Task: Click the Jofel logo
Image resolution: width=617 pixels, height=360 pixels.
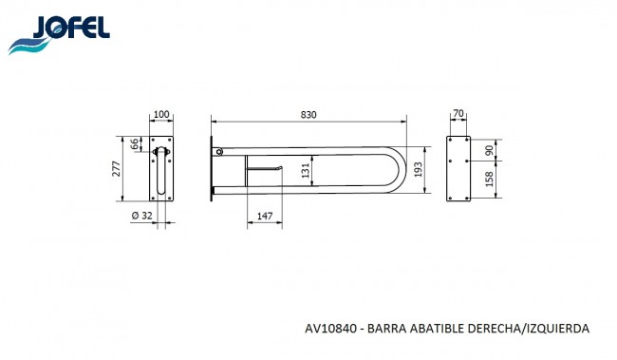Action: (59, 34)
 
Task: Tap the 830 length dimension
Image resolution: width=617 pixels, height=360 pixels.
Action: (308, 115)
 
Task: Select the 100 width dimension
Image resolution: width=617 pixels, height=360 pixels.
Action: (161, 114)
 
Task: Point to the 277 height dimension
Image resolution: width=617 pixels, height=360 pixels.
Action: (117, 168)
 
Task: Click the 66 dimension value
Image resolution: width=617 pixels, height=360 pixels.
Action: (135, 143)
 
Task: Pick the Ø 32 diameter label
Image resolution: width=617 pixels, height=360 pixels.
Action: (142, 216)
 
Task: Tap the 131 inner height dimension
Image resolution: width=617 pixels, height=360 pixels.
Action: (306, 171)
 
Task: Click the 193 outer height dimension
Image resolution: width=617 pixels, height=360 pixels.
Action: (418, 169)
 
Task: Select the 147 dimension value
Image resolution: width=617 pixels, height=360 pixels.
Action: (265, 217)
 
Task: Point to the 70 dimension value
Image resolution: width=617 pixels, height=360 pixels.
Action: (458, 113)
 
